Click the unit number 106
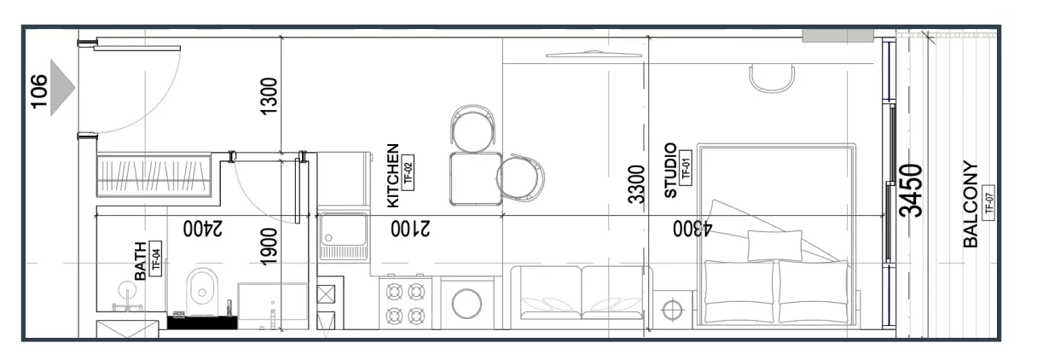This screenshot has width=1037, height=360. click(39, 92)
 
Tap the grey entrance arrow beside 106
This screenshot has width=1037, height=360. click(62, 88)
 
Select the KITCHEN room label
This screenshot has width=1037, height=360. click(392, 176)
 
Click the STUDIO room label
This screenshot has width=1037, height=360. click(670, 170)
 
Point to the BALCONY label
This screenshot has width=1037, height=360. click(970, 204)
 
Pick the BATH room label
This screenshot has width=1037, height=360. click(140, 261)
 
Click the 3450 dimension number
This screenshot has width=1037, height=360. click(911, 190)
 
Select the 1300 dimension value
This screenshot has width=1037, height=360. click(269, 96)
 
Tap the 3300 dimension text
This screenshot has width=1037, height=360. click(636, 184)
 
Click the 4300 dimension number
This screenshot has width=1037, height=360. click(692, 229)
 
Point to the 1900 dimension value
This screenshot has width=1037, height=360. click(269, 247)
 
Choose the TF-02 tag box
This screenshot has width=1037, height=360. click(408, 173)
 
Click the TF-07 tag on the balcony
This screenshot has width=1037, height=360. click(989, 204)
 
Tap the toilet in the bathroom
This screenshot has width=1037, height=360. click(202, 291)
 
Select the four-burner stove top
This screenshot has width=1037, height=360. click(406, 304)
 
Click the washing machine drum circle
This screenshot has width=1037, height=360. click(466, 304)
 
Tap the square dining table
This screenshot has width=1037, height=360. click(476, 179)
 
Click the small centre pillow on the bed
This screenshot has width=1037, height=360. click(775, 246)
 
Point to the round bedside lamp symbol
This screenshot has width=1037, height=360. click(672, 310)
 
